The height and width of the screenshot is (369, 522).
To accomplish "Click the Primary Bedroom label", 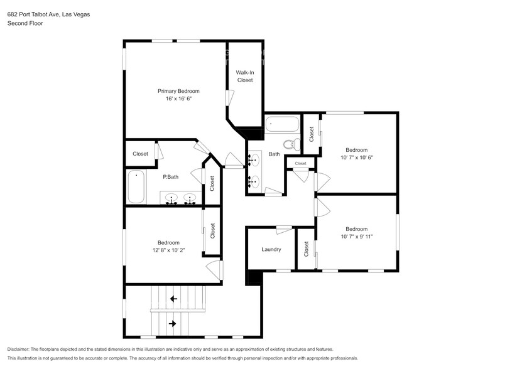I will (178, 91).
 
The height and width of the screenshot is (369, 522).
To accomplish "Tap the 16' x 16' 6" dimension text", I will (178, 99).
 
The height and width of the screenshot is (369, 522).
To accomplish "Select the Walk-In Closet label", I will (244, 76).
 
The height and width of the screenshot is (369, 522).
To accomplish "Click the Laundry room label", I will (271, 249).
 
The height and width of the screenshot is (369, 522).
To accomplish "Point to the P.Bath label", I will (170, 177).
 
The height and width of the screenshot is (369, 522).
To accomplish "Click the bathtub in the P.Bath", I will (136, 186).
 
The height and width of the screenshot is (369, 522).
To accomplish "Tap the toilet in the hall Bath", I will (290, 144).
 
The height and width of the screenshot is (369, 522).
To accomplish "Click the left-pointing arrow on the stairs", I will (173, 299).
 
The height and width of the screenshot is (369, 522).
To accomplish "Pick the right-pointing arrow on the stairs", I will (173, 324).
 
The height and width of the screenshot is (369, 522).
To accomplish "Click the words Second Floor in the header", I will (25, 23).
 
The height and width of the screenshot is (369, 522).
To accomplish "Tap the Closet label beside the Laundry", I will (306, 249).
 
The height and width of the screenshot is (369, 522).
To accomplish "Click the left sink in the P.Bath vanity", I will (171, 200).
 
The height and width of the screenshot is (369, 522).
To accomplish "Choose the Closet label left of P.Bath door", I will (140, 154).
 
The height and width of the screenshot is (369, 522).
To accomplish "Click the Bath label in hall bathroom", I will (274, 154).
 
